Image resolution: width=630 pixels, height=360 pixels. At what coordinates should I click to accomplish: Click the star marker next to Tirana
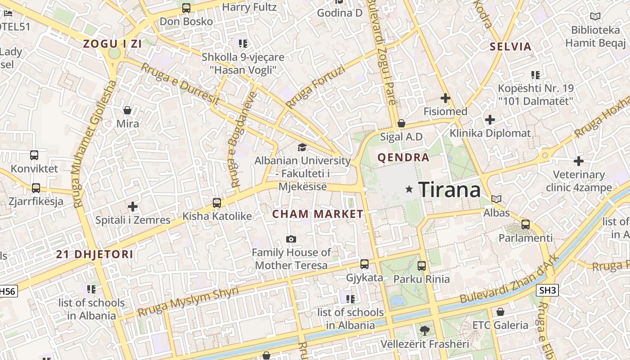pyautogui.click(x=409, y=189)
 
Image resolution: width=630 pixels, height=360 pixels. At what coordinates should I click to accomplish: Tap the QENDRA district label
pyautogui.click(x=404, y=157)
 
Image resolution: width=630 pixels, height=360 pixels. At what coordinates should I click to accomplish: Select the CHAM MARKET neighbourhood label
pyautogui.click(x=318, y=214)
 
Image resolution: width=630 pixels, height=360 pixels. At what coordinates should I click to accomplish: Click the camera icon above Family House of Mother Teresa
pyautogui.click(x=291, y=239)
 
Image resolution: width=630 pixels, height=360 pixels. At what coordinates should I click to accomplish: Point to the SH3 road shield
pyautogui.click(x=548, y=290)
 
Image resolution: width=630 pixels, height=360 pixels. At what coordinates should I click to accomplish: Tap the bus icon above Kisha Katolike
pyautogui.click(x=217, y=203)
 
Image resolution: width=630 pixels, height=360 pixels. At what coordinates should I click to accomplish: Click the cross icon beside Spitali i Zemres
pyautogui.click(x=133, y=207)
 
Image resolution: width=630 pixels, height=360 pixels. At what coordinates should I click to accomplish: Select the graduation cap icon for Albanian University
pyautogui.click(x=302, y=147)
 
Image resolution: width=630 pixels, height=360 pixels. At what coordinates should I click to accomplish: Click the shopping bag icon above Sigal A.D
pyautogui.click(x=401, y=123)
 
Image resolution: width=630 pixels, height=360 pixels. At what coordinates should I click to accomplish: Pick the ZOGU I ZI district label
pyautogui.click(x=112, y=44)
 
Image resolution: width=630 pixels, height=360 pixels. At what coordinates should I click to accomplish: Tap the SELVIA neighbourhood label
pyautogui.click(x=511, y=46)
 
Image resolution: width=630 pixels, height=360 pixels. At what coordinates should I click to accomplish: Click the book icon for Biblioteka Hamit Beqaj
pyautogui.click(x=595, y=17)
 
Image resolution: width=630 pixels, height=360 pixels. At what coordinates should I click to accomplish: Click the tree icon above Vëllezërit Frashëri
pyautogui.click(x=424, y=331)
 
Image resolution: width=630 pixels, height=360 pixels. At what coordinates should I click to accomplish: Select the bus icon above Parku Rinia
pyautogui.click(x=422, y=266)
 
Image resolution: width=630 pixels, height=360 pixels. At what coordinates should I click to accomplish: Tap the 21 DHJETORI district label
pyautogui.click(x=94, y=254)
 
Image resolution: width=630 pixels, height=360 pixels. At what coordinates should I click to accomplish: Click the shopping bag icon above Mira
pyautogui.click(x=127, y=110)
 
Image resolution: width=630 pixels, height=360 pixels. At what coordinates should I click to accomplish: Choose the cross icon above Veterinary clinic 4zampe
pyautogui.click(x=579, y=161)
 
